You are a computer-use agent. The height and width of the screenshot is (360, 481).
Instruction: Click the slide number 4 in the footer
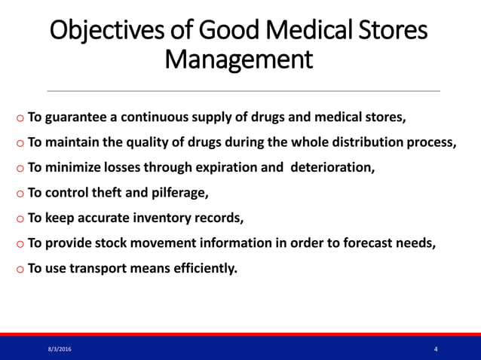coord(437,349)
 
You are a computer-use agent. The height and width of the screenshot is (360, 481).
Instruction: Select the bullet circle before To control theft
coord(19,194)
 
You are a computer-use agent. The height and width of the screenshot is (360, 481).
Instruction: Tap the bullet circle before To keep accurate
coord(19,219)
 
